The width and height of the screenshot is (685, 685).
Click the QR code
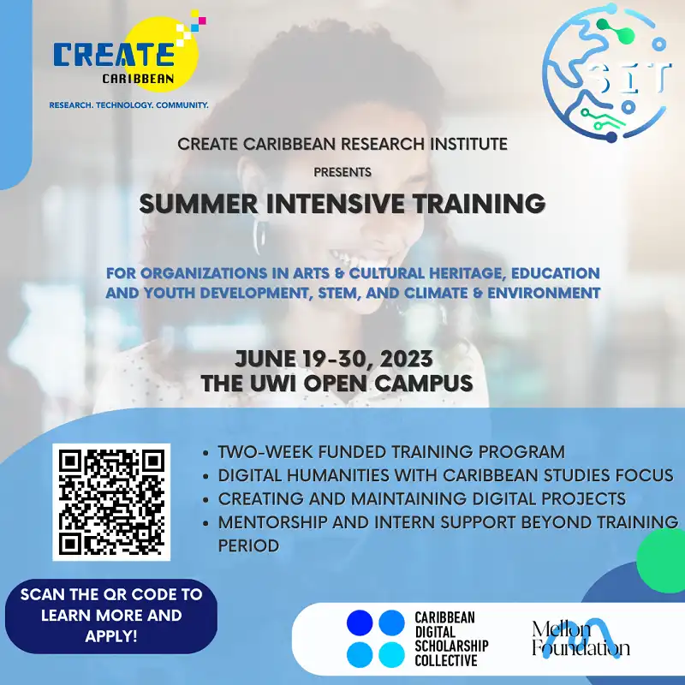(111, 501)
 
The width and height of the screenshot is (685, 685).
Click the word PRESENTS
(342, 172)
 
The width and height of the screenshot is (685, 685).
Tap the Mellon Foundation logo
(580, 637)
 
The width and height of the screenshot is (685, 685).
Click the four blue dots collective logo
(375, 639)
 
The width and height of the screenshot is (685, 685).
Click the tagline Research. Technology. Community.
(129, 105)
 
